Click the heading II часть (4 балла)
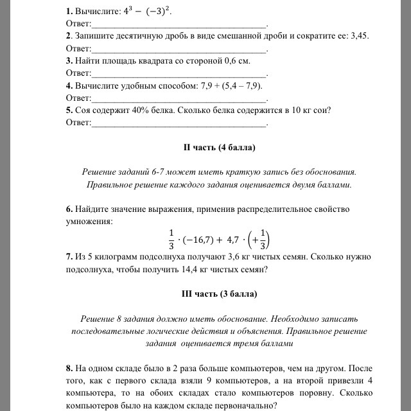click(x=220, y=148)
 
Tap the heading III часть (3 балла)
click(x=220, y=294)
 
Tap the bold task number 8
click(x=69, y=369)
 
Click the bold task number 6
click(x=69, y=209)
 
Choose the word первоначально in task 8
click(x=247, y=405)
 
